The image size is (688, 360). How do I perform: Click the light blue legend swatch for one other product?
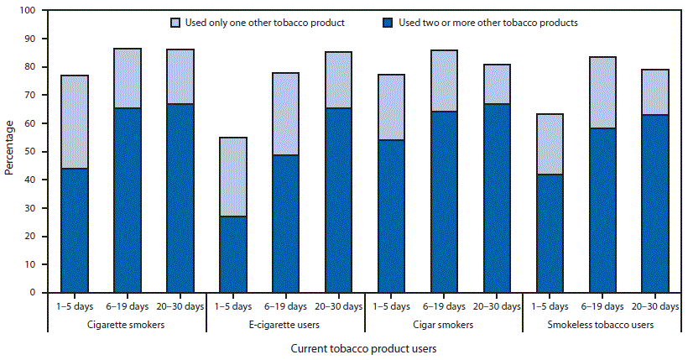(x=175, y=23)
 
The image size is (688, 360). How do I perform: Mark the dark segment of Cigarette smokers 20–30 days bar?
(x=180, y=198)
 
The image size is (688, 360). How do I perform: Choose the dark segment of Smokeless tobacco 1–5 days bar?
(x=549, y=233)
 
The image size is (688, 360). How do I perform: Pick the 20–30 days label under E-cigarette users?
(x=338, y=306)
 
